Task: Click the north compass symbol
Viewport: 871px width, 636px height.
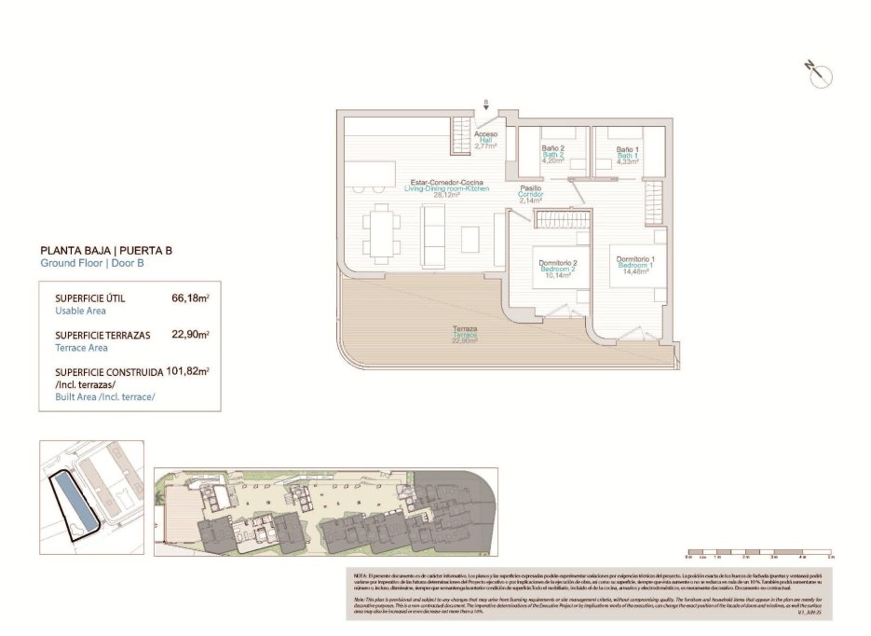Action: [819, 75]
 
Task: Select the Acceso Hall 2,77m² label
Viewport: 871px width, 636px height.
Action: [485, 140]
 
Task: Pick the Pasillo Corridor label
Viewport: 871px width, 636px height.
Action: [531, 193]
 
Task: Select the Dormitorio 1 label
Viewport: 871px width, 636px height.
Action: [634, 265]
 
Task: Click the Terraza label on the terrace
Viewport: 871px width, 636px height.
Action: [465, 334]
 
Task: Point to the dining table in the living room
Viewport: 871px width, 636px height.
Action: [383, 228]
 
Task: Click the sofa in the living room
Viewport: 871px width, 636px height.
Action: [435, 234]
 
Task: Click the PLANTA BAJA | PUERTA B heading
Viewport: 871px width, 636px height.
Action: [106, 250]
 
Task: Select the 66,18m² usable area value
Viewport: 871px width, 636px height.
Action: [190, 298]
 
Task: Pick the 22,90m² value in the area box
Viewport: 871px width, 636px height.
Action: [190, 334]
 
